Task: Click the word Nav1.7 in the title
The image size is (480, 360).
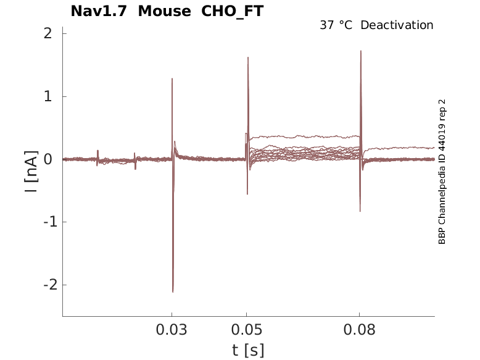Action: [100, 11]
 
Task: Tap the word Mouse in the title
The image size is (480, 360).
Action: [164, 11]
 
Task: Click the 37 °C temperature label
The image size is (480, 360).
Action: [336, 25]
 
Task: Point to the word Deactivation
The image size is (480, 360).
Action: [397, 25]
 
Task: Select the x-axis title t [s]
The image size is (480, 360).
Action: [248, 350]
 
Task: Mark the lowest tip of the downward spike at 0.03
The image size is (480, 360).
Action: [173, 291]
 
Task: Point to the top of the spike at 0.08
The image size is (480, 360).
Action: [360, 51]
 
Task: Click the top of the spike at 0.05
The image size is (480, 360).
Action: [248, 57]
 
